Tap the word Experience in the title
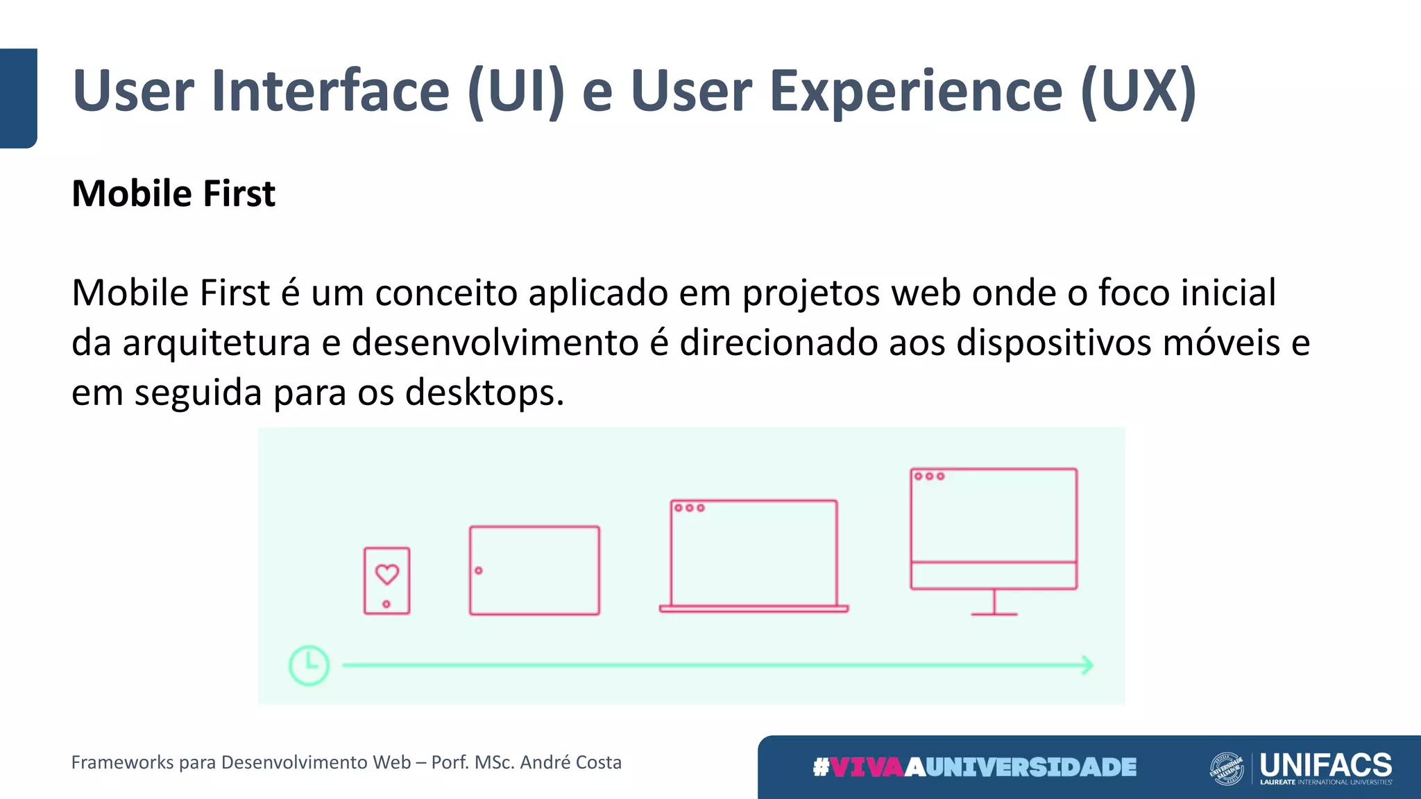[x=916, y=91]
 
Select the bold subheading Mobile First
[x=173, y=194]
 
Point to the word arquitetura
[x=216, y=343]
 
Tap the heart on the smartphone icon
[x=387, y=574]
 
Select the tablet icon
[x=534, y=570]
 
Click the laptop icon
[x=754, y=555]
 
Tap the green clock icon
[x=309, y=666]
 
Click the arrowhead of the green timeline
[x=1087, y=666]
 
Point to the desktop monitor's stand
[x=994, y=603]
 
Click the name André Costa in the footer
[x=570, y=762]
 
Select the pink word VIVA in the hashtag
[x=867, y=767]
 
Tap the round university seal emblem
[x=1227, y=768]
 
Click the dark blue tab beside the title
[x=18, y=98]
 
